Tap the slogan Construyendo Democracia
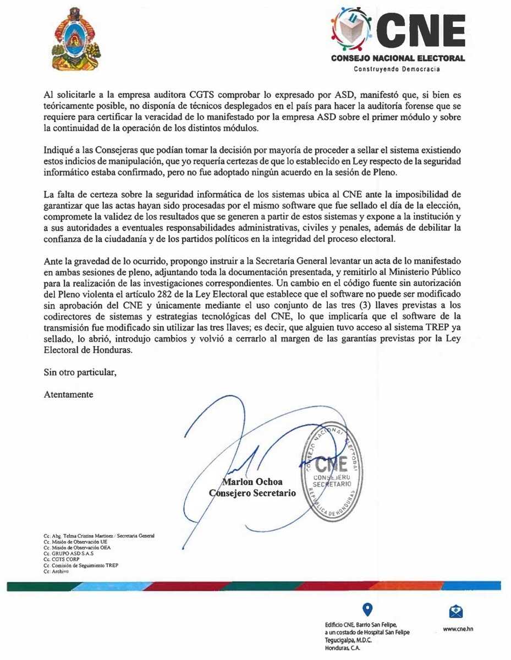397,69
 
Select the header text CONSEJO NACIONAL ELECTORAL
398,58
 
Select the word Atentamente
68,394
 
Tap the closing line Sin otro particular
80,372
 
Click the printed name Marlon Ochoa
254,482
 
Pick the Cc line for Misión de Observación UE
72,542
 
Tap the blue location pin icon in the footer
368,609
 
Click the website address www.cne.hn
458,628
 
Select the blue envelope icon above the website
457,612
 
